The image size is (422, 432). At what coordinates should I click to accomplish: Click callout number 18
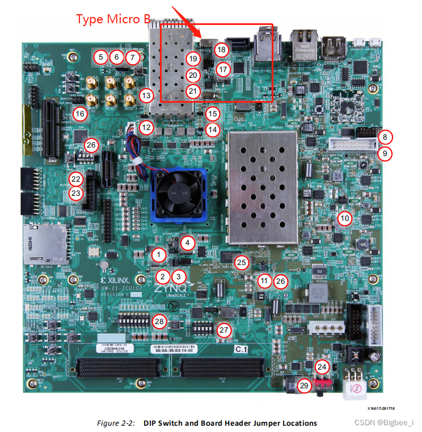point(221,49)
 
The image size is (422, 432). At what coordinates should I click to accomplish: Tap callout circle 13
point(147,95)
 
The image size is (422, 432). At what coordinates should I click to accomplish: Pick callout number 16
point(79,114)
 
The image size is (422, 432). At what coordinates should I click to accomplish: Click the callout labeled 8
point(385,137)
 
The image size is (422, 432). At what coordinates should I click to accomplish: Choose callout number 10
point(345,217)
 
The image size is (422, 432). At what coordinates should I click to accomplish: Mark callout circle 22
point(76,179)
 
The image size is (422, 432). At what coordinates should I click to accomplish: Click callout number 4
point(188,243)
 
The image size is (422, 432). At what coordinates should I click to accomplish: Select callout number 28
point(159,322)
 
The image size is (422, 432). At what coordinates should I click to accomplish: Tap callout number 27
point(225,329)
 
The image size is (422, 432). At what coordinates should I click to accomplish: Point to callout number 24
point(322,367)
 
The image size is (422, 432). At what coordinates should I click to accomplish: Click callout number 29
point(305,386)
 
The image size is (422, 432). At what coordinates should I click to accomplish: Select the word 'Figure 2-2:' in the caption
point(119,423)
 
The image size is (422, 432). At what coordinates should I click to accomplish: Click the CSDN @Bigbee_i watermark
point(388,422)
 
